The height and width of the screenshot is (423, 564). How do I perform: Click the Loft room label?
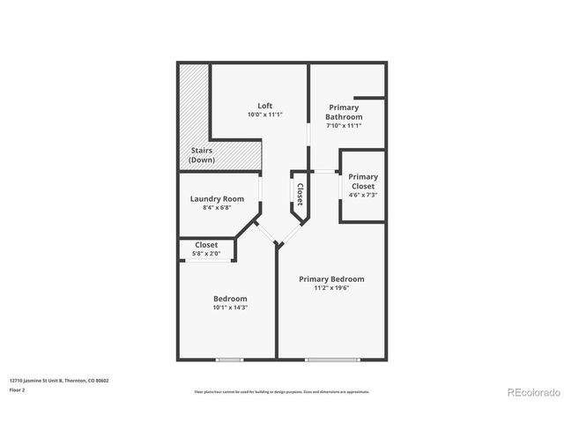click(x=264, y=106)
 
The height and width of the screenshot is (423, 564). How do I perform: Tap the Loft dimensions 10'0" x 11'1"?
click(x=264, y=115)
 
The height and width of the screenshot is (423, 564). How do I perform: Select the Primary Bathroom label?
click(x=344, y=112)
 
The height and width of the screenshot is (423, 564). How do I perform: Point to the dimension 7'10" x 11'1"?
click(x=344, y=126)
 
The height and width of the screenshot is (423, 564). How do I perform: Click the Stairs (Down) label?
click(x=203, y=155)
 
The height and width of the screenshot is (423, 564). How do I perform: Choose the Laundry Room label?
click(x=217, y=198)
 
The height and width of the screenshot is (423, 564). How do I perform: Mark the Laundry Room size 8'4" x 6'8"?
click(x=217, y=208)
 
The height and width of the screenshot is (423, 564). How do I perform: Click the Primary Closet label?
click(x=363, y=182)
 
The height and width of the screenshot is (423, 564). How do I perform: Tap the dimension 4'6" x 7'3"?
click(x=363, y=195)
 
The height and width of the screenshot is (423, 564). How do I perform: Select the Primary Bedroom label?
click(x=331, y=279)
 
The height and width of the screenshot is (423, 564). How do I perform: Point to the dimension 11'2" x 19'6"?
click(x=331, y=289)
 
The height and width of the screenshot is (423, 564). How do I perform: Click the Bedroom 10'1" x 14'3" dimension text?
click(x=230, y=308)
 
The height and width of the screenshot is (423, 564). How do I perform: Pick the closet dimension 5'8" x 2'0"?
click(x=206, y=255)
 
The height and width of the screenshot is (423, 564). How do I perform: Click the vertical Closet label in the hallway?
click(x=300, y=194)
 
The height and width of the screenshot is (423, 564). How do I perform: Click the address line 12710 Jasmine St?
click(x=59, y=381)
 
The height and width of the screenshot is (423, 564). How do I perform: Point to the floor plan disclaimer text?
click(x=281, y=391)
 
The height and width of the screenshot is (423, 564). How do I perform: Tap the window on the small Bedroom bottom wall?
click(x=230, y=359)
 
